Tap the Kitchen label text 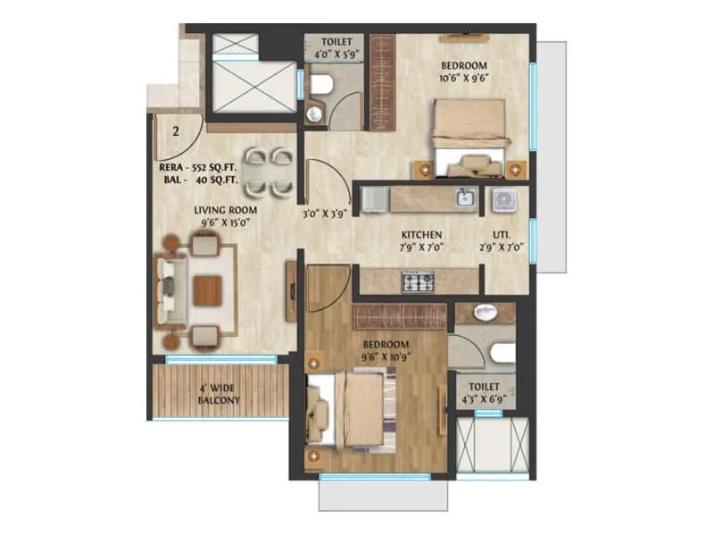tap(422, 235)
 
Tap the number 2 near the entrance tap(177, 131)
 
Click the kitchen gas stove tap(417, 281)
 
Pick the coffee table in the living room tap(207, 289)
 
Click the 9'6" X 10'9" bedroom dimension tap(386, 357)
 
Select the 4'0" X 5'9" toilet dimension tap(333, 54)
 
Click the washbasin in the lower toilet tap(486, 313)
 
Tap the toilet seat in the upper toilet tap(322, 85)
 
